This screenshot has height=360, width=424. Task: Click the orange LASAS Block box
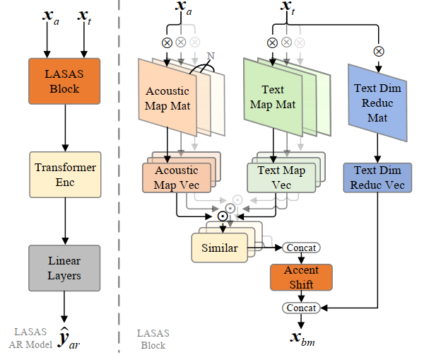pos(64,81)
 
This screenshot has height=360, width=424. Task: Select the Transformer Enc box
pos(65,175)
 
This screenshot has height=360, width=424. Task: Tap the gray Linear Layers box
pos(64,268)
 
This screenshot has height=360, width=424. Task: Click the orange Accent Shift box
pos(301,277)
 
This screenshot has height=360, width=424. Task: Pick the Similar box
pos(220,248)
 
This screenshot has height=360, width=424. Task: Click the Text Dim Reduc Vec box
pos(377,178)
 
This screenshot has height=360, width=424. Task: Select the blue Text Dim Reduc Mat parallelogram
pos(377,103)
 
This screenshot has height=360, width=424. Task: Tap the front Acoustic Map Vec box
pos(177,178)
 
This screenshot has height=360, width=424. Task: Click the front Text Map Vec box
pos(281,178)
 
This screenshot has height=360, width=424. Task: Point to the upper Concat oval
pos(301,248)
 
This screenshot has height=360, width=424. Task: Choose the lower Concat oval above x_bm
pos(301,308)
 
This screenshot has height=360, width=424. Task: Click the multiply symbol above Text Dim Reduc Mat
pos(379,51)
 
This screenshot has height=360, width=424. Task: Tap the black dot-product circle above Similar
pos(223,216)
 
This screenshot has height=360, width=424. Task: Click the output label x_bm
pos(302,338)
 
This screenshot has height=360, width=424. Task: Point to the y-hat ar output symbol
pos(69,337)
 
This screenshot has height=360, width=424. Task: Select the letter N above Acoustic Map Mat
pos(211,56)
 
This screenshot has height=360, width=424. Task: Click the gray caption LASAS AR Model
pos(30,338)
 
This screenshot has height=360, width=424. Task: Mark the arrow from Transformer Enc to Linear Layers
pos(65,221)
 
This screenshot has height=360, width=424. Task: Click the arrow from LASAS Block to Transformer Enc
pos(65,128)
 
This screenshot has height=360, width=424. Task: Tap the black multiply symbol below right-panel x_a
pos(167,42)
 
